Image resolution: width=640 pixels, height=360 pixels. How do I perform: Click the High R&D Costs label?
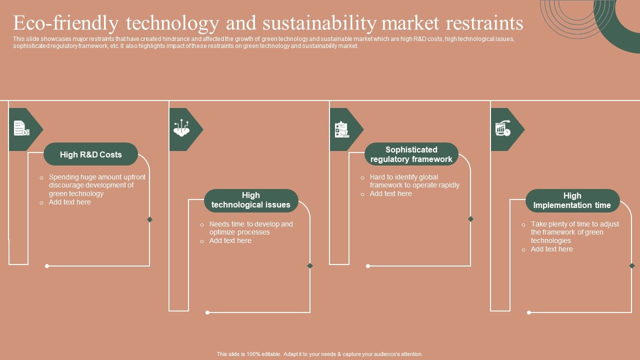point(91,154)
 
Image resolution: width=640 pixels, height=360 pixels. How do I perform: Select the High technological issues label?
point(251,200)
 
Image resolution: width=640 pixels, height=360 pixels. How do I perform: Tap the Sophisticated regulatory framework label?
point(411,154)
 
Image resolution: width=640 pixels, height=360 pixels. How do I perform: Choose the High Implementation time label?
point(572,200)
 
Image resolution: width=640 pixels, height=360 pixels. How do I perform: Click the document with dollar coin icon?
point(21,128)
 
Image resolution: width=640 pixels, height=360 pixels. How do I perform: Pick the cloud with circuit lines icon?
point(181,127)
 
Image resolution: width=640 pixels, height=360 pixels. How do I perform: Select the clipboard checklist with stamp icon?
point(342,129)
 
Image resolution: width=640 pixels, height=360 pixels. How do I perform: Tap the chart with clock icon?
point(503,128)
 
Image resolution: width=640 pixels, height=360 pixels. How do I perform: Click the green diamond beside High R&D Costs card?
point(149,219)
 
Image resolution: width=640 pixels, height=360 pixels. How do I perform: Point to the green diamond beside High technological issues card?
point(310,265)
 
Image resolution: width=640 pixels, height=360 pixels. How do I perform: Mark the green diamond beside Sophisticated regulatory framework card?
point(470,219)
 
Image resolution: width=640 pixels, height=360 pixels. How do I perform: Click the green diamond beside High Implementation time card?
point(631,265)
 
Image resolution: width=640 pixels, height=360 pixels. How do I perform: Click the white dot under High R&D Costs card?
point(47,266)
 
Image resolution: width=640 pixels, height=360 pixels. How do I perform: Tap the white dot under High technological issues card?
point(207,312)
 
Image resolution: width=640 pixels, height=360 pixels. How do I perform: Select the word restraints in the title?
point(484,23)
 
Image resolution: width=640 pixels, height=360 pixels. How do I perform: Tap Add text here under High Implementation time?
point(551,249)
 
